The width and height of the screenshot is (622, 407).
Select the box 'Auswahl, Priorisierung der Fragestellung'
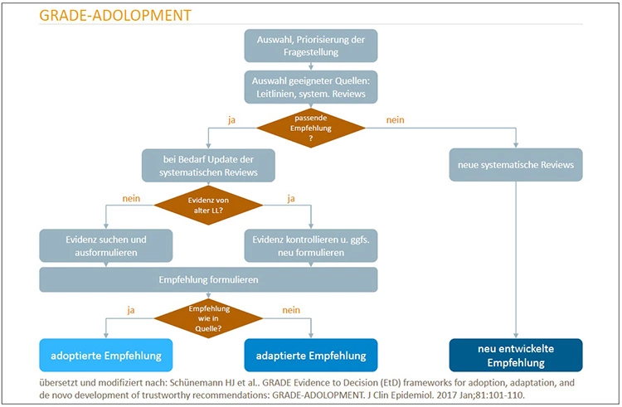(310, 46)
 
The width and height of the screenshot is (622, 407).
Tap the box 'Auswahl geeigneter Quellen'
(310, 85)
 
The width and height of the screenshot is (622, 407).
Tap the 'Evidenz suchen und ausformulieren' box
(105, 245)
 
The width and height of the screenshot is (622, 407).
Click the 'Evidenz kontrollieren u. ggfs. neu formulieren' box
(311, 245)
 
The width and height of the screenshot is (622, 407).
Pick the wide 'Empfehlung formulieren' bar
(208, 279)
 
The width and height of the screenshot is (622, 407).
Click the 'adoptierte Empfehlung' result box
(105, 355)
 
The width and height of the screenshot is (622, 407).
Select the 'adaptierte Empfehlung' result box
(311, 355)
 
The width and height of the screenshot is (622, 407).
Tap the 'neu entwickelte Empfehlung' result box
(516, 355)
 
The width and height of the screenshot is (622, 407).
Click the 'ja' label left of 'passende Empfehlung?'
(233, 120)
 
